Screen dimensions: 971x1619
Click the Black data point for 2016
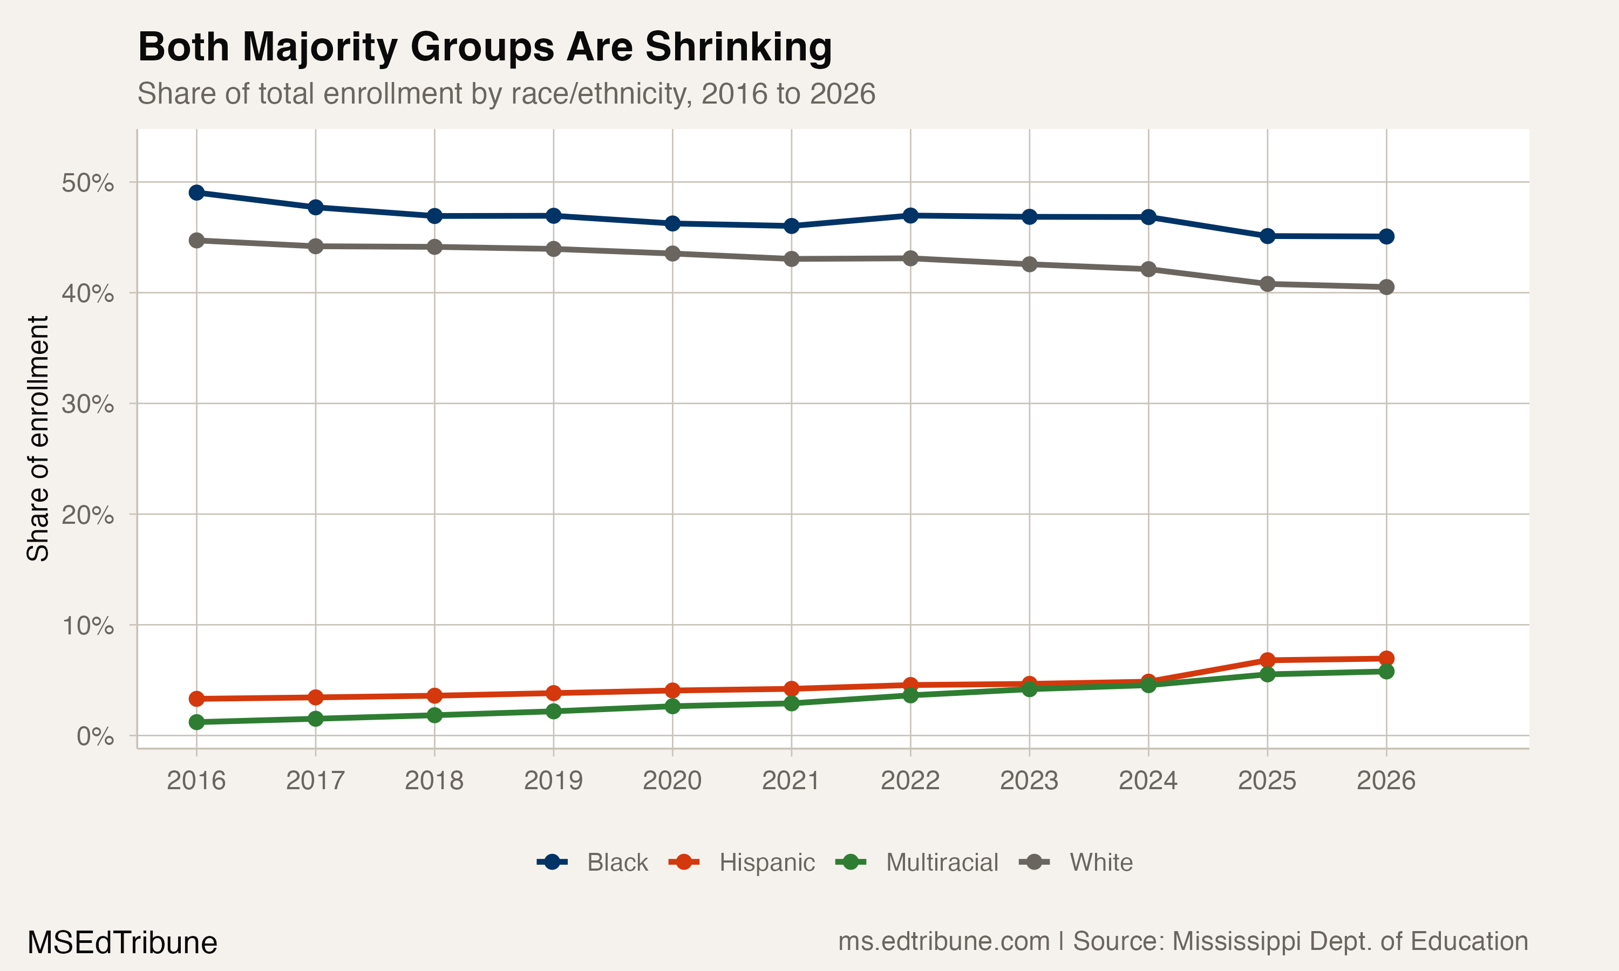point(196,193)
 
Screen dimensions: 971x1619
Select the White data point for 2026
point(1386,287)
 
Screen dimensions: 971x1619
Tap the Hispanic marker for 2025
point(1267,660)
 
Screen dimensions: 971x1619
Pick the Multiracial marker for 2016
point(196,722)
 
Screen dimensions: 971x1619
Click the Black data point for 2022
point(910,215)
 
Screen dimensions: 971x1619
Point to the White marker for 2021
point(791,259)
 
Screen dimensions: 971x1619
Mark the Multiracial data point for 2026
point(1386,671)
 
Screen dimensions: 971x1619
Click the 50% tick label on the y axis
point(87,183)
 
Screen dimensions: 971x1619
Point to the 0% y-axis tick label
point(96,737)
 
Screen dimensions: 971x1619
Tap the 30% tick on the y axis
point(87,405)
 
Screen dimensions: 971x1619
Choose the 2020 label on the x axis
point(672,781)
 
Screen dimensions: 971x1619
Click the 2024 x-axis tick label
point(1148,781)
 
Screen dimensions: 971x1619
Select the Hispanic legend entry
point(766,863)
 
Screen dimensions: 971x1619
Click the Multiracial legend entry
point(941,863)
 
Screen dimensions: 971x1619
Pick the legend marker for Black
point(552,863)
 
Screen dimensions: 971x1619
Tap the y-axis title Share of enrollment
point(38,439)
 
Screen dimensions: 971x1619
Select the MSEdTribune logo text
point(123,943)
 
